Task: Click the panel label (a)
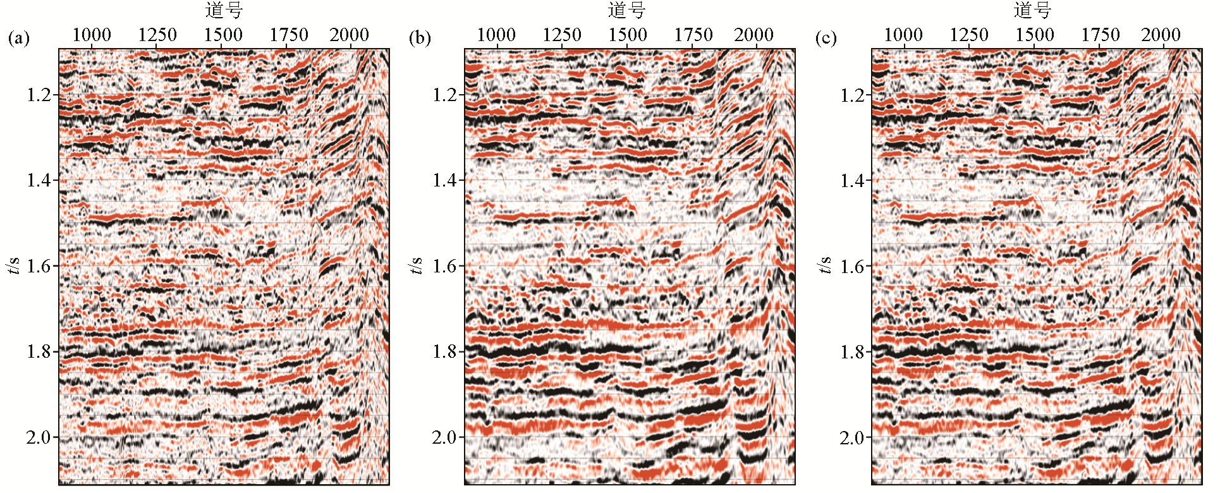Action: pyautogui.click(x=18, y=38)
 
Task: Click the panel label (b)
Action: pyautogui.click(x=420, y=38)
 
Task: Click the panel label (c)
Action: pyautogui.click(x=826, y=38)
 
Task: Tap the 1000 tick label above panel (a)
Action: pyautogui.click(x=92, y=35)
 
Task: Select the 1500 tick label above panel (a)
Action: pyautogui.click(x=223, y=35)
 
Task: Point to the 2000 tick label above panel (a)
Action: pyautogui.click(x=349, y=35)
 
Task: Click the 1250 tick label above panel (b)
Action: pyautogui.click(x=562, y=35)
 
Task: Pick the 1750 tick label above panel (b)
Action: pyautogui.click(x=693, y=35)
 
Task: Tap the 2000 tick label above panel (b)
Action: pyautogui.click(x=753, y=35)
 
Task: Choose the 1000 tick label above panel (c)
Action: pyautogui.click(x=903, y=35)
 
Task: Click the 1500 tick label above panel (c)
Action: pyautogui.click(x=1035, y=35)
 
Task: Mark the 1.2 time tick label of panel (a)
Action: pyautogui.click(x=39, y=95)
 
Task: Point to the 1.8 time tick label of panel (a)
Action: pyautogui.click(x=39, y=351)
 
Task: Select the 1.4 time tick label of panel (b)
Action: pyautogui.click(x=445, y=180)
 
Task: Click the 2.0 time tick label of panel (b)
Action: pyautogui.click(x=445, y=437)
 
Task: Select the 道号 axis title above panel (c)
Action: pyautogui.click(x=1032, y=11)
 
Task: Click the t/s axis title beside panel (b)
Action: pyautogui.click(x=417, y=265)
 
